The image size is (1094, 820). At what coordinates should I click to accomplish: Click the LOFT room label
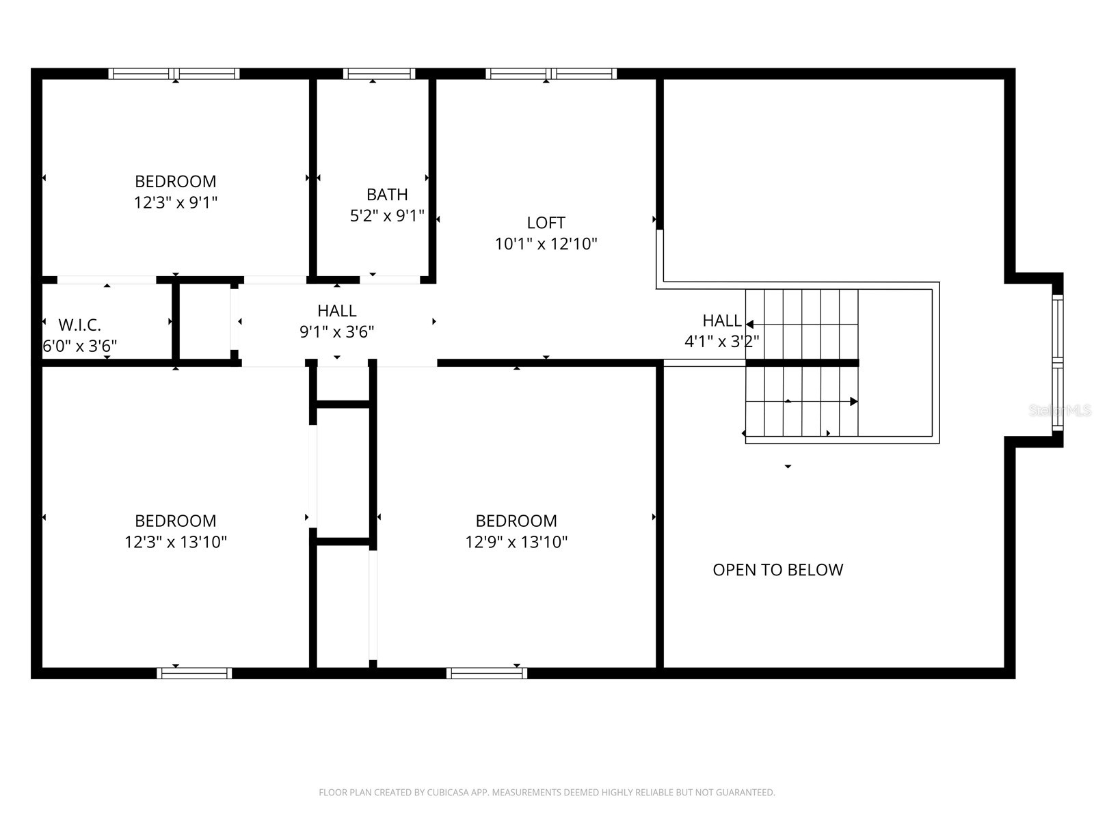point(546,223)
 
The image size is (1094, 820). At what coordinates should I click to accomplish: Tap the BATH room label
point(387,195)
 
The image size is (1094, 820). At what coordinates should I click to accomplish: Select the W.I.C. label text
point(79,325)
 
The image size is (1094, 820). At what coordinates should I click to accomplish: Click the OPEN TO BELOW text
point(777,570)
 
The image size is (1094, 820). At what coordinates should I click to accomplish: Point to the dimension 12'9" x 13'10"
point(516,542)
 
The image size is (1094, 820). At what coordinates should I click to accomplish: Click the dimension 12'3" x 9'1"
point(176,202)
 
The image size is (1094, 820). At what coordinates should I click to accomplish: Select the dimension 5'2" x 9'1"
point(387,216)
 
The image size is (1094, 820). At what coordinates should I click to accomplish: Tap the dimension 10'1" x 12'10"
point(546,244)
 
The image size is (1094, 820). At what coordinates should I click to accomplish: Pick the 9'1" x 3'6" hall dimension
point(336,332)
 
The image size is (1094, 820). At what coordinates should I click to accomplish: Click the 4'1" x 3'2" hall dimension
point(721,341)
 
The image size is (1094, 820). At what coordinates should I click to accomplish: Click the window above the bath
point(379,74)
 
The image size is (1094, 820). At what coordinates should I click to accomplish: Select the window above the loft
point(551,74)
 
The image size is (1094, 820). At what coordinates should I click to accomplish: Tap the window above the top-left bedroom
point(174,74)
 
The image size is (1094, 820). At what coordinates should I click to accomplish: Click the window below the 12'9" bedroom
point(487,673)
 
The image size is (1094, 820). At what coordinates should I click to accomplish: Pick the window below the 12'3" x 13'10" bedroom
point(194,673)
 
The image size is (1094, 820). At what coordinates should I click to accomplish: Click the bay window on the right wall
point(1057,362)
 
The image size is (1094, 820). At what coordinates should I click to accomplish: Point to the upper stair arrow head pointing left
point(749,325)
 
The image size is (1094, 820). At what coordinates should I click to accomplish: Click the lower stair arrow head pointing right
point(853,401)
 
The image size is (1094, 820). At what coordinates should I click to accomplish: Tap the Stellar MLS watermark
point(1060,411)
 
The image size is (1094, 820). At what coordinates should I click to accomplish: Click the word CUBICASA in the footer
point(448,793)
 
